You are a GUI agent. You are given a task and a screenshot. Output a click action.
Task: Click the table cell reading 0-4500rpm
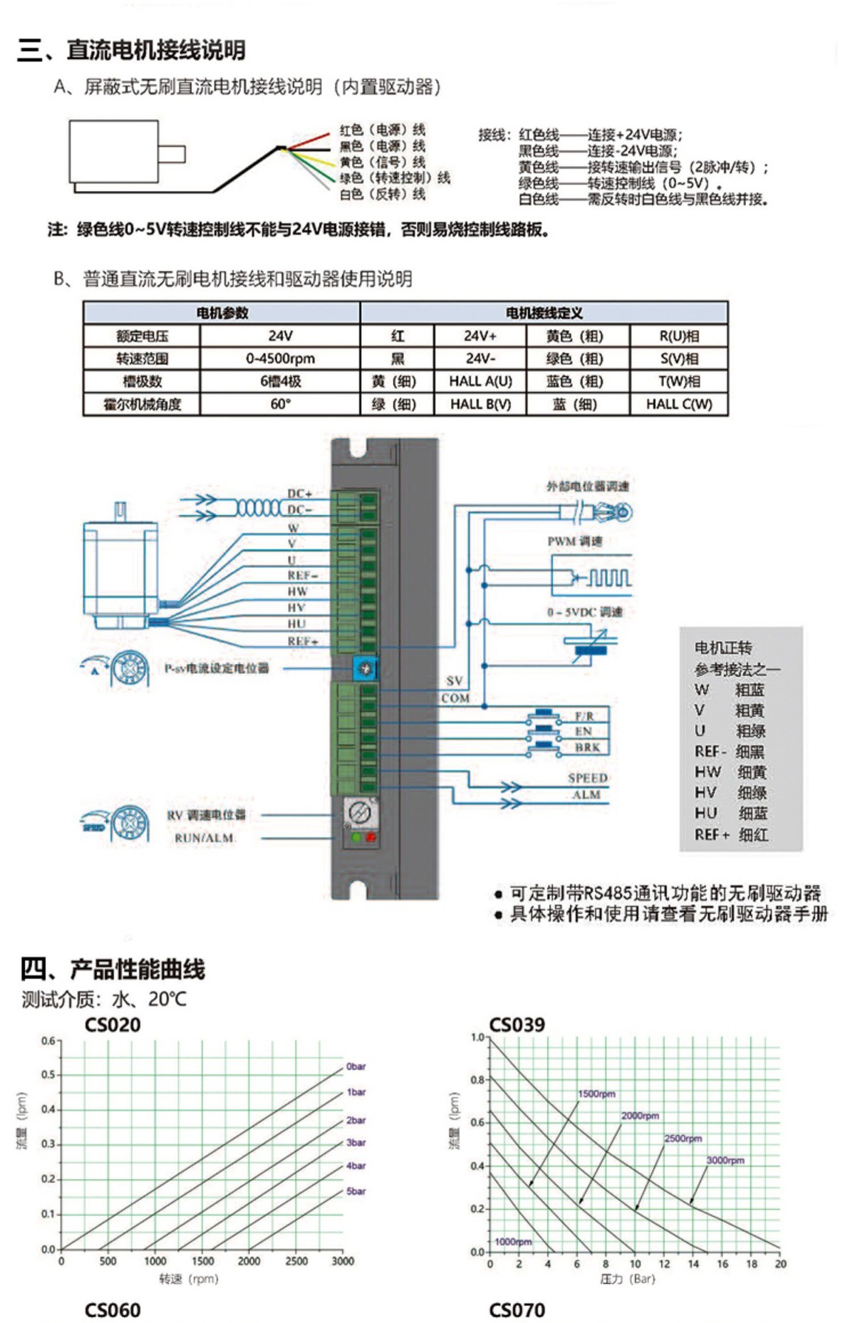coord(280,358)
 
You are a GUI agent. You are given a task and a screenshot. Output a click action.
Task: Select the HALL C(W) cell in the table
coord(678,404)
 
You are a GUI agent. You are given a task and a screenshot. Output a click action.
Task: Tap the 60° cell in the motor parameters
coord(280,404)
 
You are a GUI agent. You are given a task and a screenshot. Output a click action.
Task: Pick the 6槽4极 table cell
coord(280,381)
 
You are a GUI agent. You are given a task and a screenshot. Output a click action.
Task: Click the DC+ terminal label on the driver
coord(299,493)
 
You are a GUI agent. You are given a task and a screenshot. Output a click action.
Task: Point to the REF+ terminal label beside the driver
coord(302,641)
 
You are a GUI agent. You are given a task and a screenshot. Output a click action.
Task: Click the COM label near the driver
coord(455,698)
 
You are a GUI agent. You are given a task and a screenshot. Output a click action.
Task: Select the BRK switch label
coord(587,747)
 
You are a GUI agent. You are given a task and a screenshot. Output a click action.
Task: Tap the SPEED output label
coord(587,778)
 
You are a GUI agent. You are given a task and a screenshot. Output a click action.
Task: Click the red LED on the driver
coord(370,838)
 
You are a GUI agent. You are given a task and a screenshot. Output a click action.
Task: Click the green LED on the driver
coord(356,838)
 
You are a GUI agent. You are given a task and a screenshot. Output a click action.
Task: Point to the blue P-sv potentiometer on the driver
coord(366,668)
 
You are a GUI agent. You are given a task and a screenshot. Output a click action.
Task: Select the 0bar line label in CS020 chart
coord(356,1067)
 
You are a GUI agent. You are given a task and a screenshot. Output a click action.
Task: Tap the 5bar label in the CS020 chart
coord(356,1191)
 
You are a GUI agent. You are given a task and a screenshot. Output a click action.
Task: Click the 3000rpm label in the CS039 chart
coord(725,1161)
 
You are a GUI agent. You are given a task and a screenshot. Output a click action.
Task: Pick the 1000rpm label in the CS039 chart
coord(513,1242)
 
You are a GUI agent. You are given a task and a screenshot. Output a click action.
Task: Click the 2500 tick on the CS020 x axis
coord(296,1261)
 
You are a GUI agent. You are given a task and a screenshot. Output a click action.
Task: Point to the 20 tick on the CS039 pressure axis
coord(780,1264)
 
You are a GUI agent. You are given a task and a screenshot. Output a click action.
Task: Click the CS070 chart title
coord(517,1309)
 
